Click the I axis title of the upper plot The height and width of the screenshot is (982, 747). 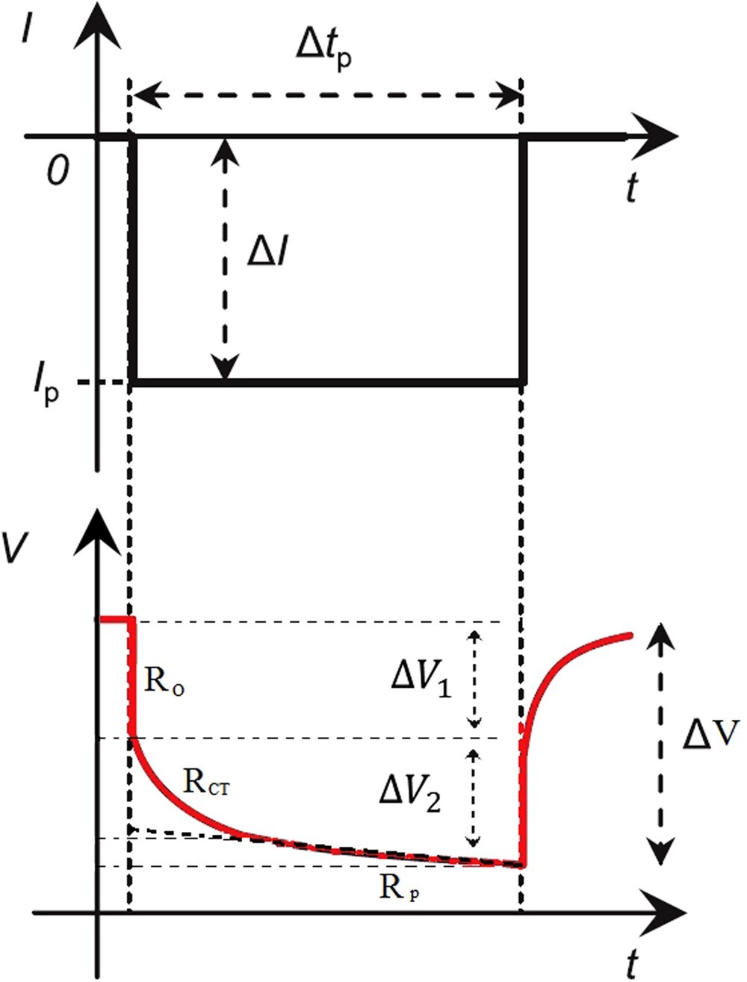coord(28,31)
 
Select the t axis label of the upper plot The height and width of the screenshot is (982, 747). coord(632,187)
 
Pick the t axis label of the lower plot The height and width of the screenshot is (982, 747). coord(632,957)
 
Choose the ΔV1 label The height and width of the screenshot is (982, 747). coord(422,680)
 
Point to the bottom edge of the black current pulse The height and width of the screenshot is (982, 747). coord(329,382)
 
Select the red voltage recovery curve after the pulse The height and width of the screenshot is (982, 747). coord(568,657)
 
